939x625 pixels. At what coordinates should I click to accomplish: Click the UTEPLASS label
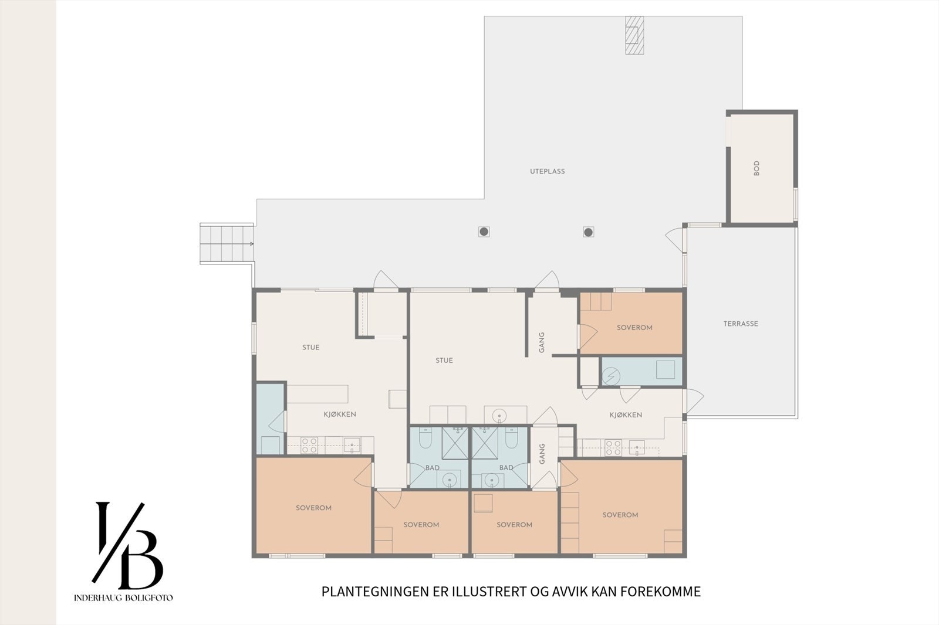(x=547, y=171)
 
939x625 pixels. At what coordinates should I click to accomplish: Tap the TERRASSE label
(x=741, y=324)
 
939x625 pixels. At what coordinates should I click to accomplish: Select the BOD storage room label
(x=756, y=168)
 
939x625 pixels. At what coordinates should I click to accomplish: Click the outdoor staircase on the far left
(x=227, y=243)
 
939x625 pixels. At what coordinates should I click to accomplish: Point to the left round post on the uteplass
(x=484, y=232)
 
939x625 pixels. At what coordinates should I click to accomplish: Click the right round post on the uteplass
(x=588, y=232)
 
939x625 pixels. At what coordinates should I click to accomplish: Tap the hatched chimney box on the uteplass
(x=634, y=35)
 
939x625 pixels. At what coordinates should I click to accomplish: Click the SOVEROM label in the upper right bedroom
(x=634, y=328)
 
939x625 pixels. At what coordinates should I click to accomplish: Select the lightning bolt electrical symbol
(x=612, y=376)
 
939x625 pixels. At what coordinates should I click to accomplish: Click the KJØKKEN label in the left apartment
(x=340, y=414)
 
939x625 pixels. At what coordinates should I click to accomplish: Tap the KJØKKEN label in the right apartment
(x=626, y=415)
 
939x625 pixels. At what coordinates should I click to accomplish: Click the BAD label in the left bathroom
(x=433, y=468)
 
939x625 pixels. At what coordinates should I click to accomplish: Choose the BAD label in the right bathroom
(x=506, y=468)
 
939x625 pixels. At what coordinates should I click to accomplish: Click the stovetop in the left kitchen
(x=309, y=446)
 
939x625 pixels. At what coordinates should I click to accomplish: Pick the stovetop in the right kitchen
(x=613, y=448)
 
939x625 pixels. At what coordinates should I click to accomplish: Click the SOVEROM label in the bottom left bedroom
(x=313, y=508)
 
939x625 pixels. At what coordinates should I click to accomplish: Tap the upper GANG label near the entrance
(x=542, y=342)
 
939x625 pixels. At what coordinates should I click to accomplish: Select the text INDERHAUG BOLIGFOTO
(x=123, y=598)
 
